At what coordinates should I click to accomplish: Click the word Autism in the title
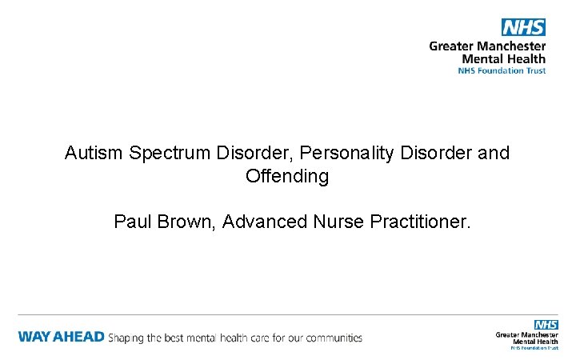[90, 153]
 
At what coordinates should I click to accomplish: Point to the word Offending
[287, 177]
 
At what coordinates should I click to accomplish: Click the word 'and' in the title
[494, 153]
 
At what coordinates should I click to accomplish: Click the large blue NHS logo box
[523, 27]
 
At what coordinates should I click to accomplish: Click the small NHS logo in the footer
[546, 325]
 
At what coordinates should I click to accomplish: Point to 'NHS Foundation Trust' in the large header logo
[502, 70]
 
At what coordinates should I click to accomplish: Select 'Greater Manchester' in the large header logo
[487, 46]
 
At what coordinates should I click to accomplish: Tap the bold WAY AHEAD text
[61, 337]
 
